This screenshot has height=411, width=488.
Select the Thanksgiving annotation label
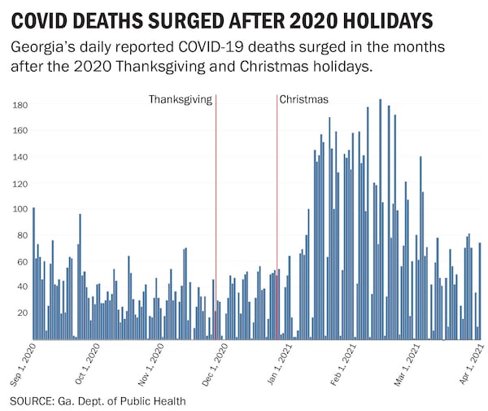[x=180, y=99]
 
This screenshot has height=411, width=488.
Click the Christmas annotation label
[x=304, y=99]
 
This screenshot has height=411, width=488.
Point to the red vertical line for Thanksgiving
[x=216, y=220]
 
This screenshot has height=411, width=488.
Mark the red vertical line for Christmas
[x=277, y=220]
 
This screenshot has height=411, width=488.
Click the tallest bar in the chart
[x=380, y=220]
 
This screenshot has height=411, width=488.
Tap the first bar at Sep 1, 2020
[x=33, y=273]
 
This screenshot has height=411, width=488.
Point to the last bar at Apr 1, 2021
[x=480, y=291]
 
